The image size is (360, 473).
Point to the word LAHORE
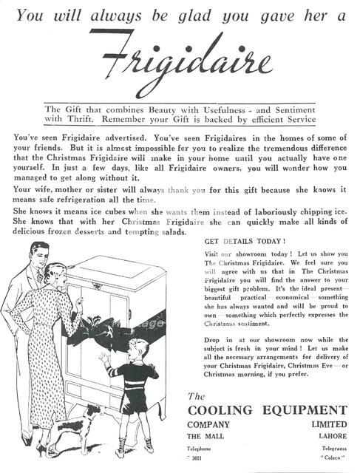(x=328, y=436)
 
